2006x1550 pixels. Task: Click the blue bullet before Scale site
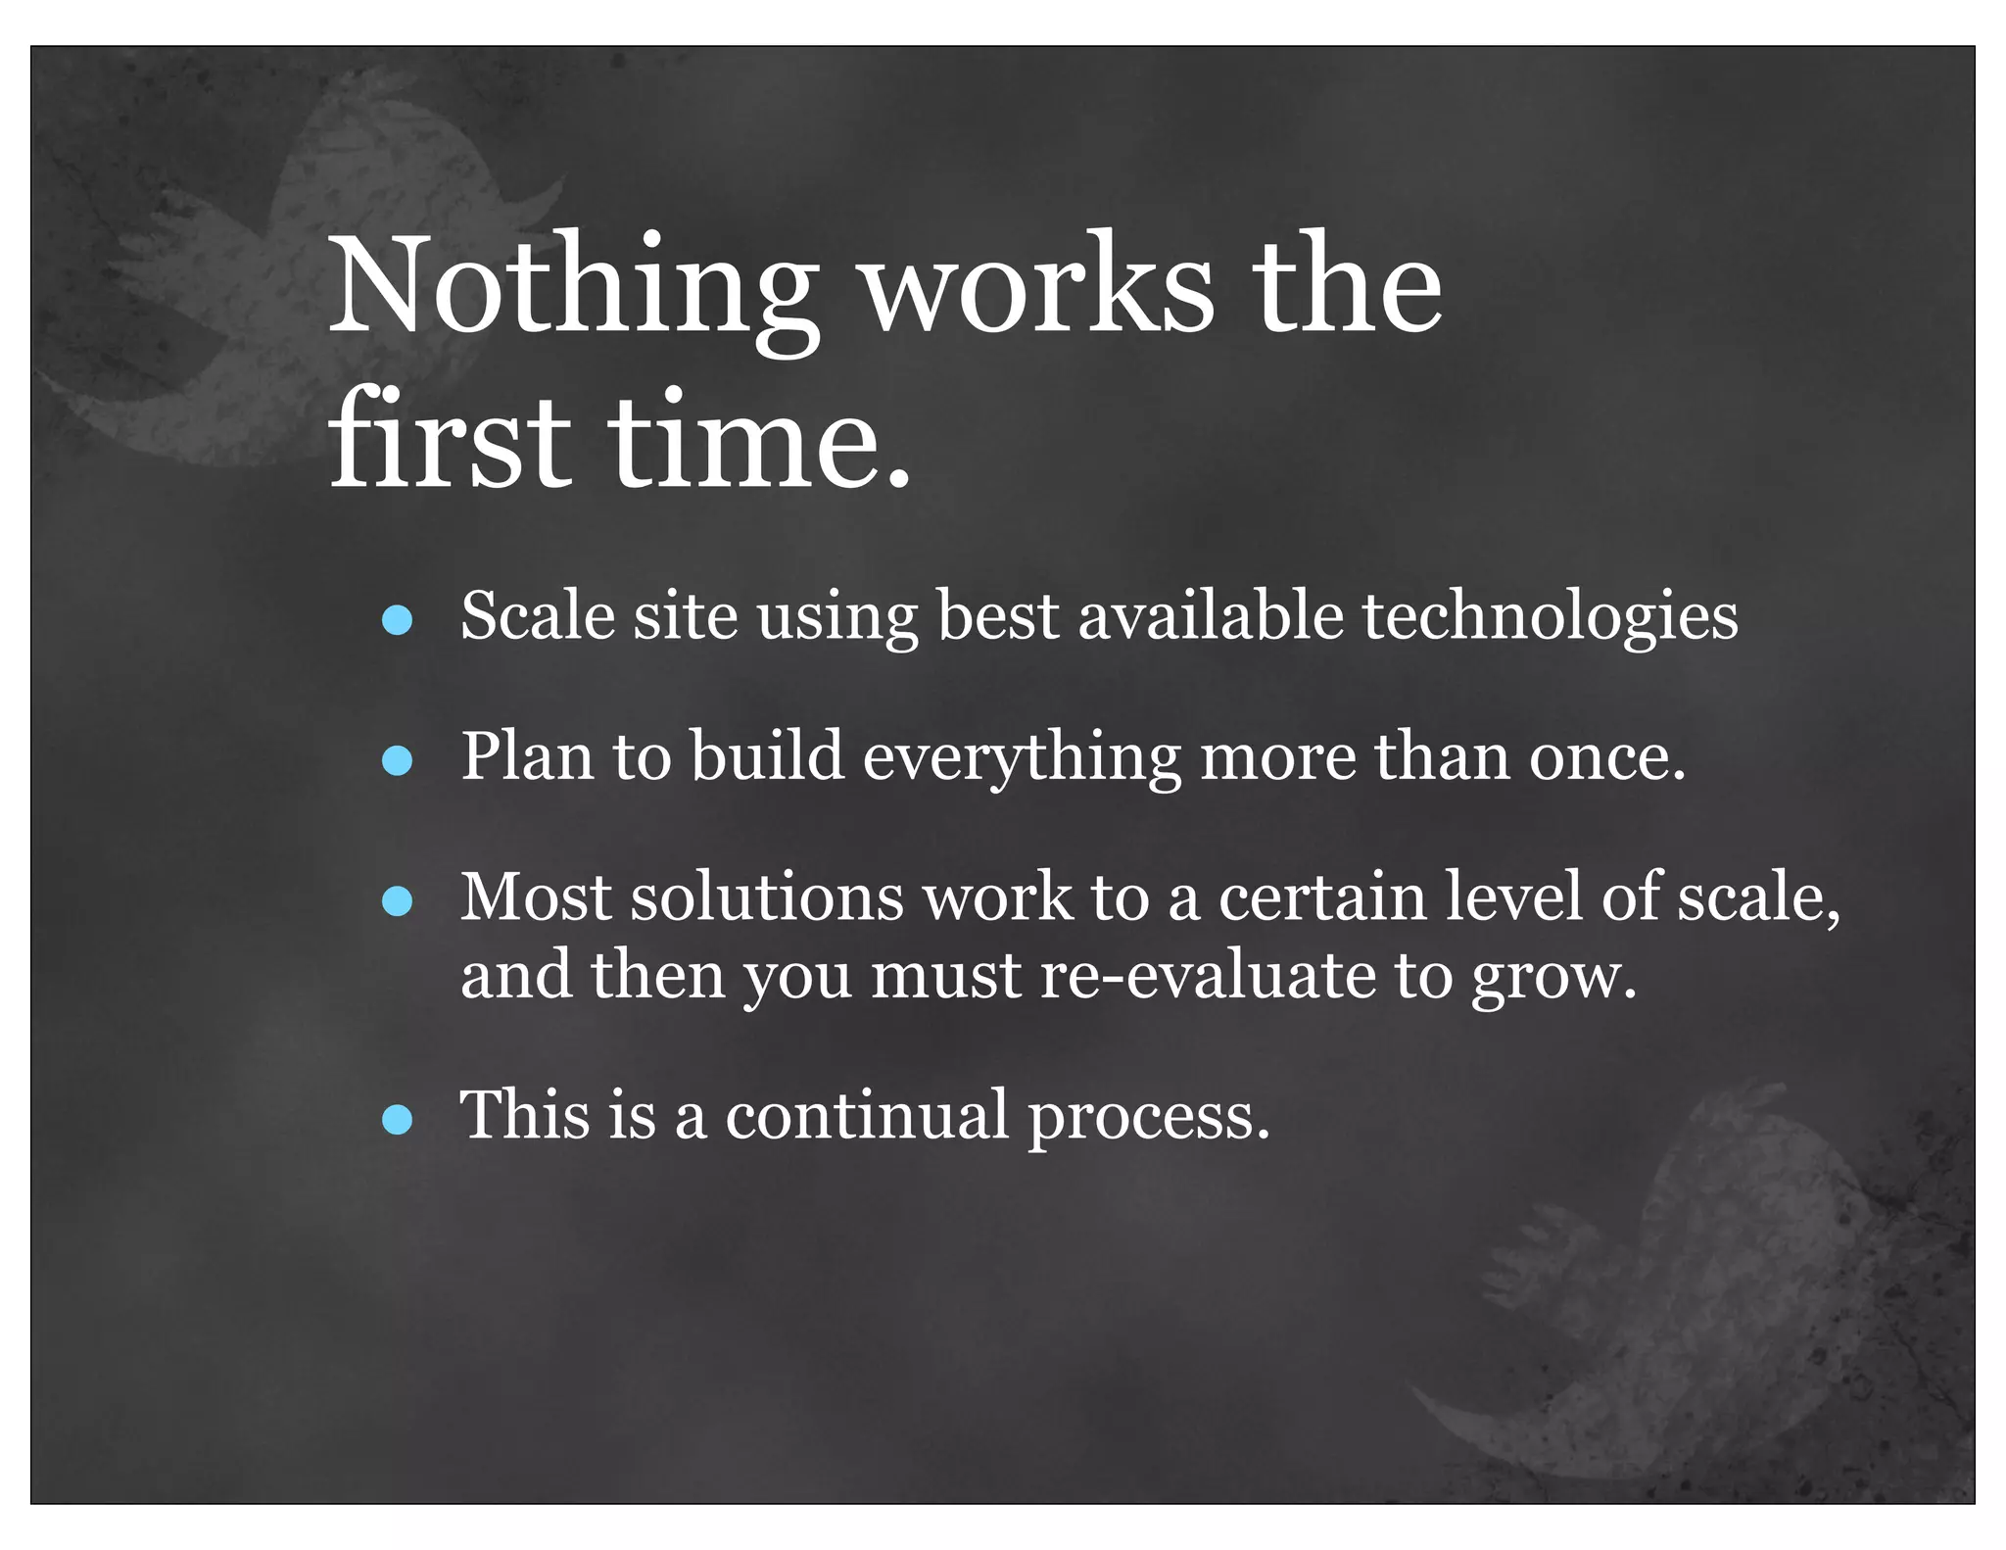tap(397, 620)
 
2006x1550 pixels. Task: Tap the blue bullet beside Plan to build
tap(397, 760)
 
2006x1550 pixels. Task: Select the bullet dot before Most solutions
tap(397, 900)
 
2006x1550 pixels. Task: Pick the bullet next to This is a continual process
tap(397, 1118)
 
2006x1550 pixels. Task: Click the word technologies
tap(1550, 617)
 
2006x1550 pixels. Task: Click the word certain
tap(1322, 896)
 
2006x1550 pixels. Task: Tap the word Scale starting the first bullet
tap(538, 616)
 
